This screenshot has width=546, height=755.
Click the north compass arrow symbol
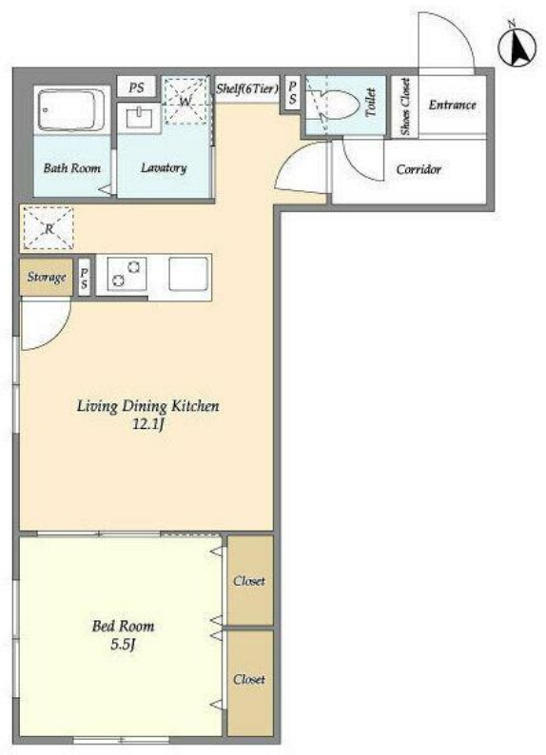pyautogui.click(x=517, y=46)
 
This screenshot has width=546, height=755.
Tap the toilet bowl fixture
pyautogui.click(x=340, y=105)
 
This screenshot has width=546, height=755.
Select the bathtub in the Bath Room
pyautogui.click(x=72, y=110)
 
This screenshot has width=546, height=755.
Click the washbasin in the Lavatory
pyautogui.click(x=140, y=118)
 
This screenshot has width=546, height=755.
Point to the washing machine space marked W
pyautogui.click(x=185, y=101)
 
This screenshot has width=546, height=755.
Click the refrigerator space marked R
pyautogui.click(x=49, y=228)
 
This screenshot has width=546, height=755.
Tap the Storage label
pyautogui.click(x=47, y=278)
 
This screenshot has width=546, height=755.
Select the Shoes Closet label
pyautogui.click(x=405, y=106)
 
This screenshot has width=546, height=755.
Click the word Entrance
pyautogui.click(x=452, y=105)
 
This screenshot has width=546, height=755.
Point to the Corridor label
pyautogui.click(x=419, y=169)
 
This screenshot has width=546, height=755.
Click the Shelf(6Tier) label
pyautogui.click(x=247, y=88)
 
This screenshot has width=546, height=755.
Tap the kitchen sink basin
pyautogui.click(x=188, y=274)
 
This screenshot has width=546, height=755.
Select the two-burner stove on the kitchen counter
pyautogui.click(x=127, y=274)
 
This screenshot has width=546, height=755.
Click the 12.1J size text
pyautogui.click(x=148, y=424)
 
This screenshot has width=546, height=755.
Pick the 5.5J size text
pyautogui.click(x=123, y=645)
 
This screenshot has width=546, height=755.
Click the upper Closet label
pyautogui.click(x=249, y=581)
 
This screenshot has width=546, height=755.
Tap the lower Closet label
pyautogui.click(x=249, y=679)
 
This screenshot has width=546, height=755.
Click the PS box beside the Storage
pyautogui.click(x=85, y=278)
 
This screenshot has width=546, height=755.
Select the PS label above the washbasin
pyautogui.click(x=136, y=87)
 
